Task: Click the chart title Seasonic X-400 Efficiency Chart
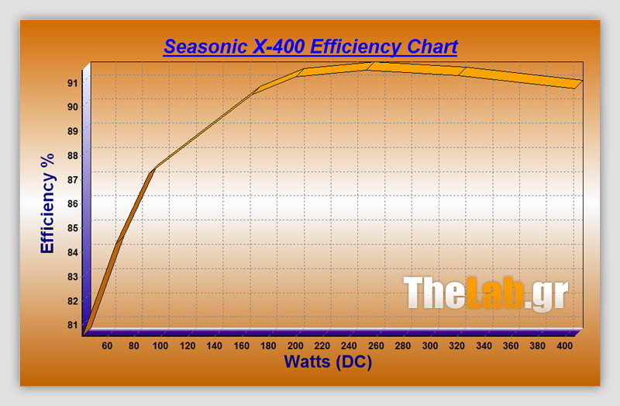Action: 310,47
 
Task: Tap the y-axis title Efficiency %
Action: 48,203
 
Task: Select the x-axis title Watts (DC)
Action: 328,361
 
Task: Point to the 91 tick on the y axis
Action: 71,82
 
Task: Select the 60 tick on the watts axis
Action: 107,345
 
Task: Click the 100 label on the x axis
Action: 160,345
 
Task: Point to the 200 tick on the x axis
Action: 294,345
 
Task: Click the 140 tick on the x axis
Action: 214,345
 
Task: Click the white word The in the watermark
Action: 433,294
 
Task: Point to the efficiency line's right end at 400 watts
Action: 577,84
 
